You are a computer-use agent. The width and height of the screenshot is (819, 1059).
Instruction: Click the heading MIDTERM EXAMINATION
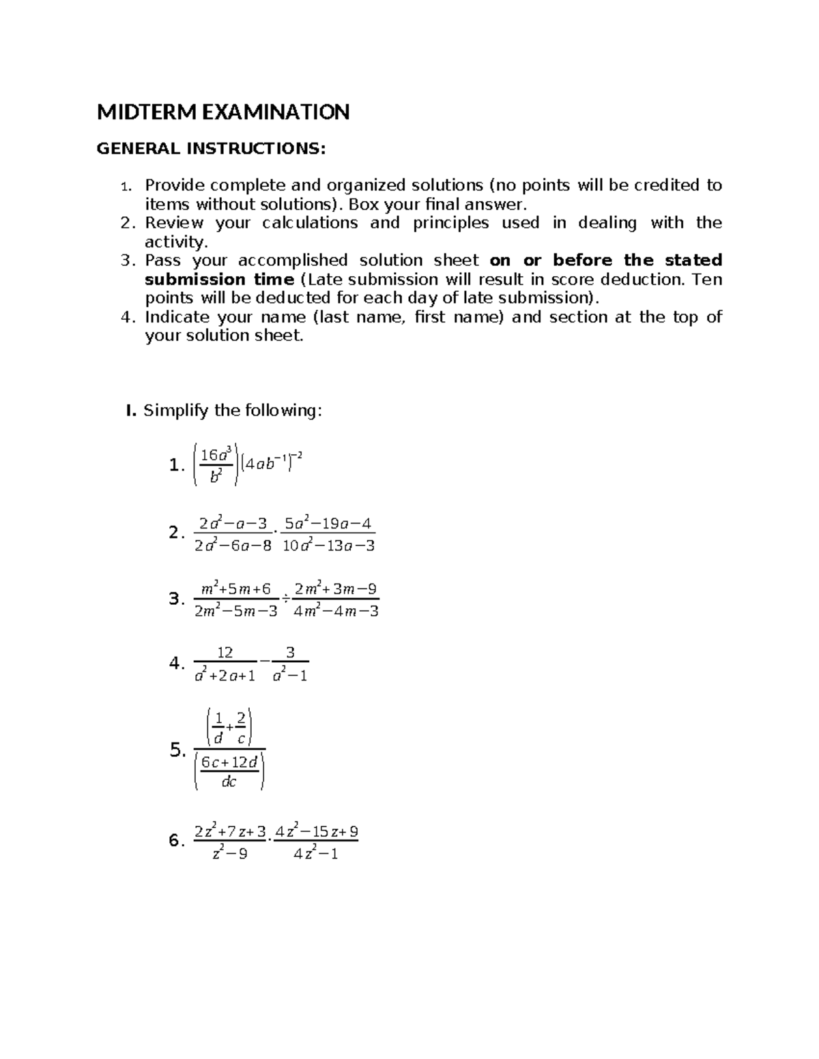[223, 112]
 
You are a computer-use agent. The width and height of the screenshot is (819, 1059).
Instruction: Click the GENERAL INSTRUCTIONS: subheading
[211, 149]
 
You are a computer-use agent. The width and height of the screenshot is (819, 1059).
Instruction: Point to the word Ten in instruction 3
[706, 280]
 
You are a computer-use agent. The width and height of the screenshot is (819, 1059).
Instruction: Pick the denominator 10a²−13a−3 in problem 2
[329, 546]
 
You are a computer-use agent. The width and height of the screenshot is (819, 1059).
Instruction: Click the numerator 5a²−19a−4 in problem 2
[329, 524]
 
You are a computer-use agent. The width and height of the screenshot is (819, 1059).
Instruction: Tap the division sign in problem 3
[285, 599]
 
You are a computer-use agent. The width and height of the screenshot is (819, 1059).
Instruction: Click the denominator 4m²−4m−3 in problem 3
[335, 611]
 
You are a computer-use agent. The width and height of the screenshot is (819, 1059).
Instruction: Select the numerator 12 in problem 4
[225, 653]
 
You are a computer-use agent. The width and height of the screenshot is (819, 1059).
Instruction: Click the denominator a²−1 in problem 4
[289, 676]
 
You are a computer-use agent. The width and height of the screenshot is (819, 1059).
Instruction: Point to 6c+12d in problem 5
[229, 763]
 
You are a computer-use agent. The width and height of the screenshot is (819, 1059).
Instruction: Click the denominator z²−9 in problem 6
[230, 854]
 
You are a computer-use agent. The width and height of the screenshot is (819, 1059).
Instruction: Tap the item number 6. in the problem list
[176, 841]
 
